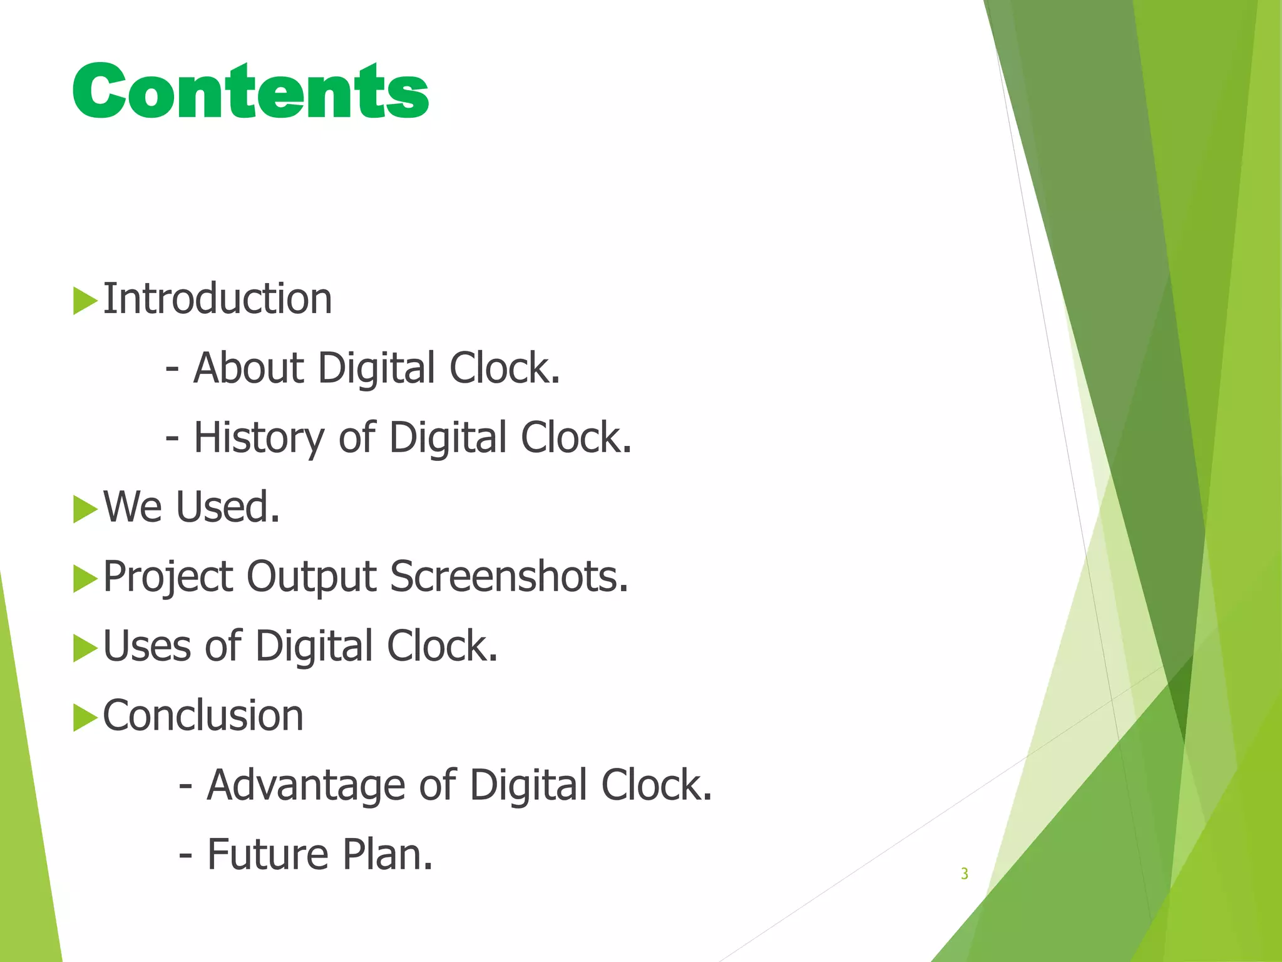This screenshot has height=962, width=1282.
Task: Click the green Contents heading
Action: (250, 91)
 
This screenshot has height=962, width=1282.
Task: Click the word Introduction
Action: (217, 299)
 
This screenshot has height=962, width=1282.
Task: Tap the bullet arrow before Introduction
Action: (85, 301)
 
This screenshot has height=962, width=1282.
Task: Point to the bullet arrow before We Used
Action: (85, 509)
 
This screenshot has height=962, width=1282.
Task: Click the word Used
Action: (227, 507)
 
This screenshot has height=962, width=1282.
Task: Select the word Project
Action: (168, 577)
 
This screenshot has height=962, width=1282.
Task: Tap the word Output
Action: (311, 577)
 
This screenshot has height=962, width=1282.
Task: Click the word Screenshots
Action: (508, 576)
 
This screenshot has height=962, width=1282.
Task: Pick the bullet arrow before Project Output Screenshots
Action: (85, 578)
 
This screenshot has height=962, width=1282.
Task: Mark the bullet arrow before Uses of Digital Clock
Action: (85, 648)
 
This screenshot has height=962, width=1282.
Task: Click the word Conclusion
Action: (203, 715)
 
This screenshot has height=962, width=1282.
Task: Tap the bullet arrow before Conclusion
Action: (85, 717)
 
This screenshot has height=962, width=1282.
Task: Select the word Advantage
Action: (305, 785)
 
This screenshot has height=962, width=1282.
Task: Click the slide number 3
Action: (964, 874)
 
